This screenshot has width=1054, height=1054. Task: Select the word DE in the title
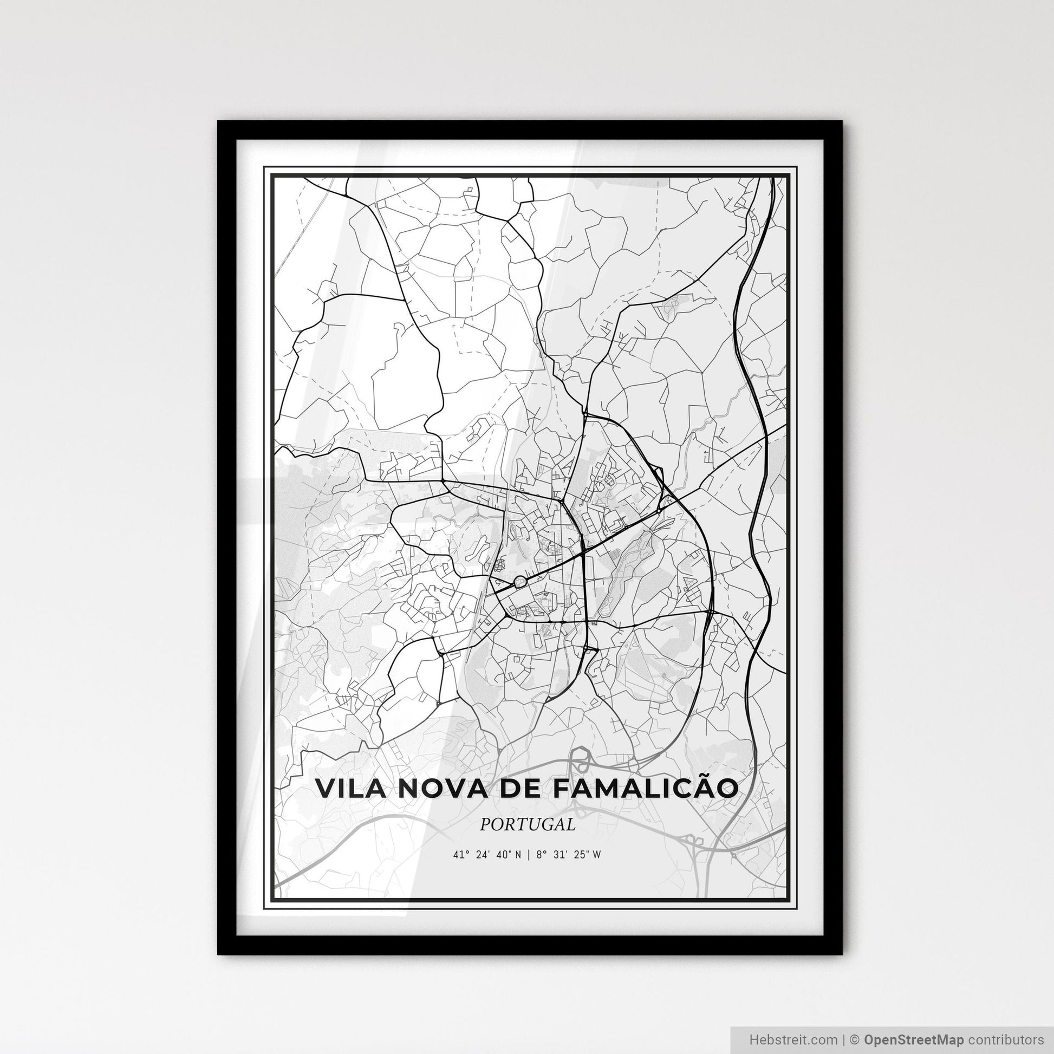513,789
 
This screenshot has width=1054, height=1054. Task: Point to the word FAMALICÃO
645,789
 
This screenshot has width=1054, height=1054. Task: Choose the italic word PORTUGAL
528,824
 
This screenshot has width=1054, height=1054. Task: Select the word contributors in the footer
1005,1038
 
